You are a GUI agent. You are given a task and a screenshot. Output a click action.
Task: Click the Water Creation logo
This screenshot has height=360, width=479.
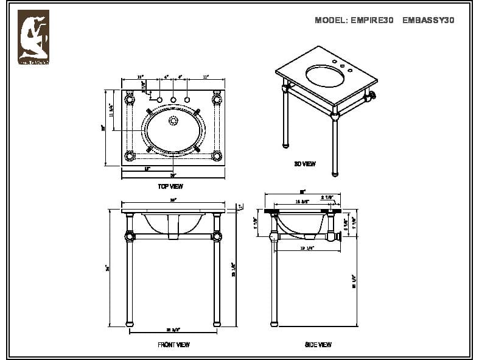(x=33, y=37)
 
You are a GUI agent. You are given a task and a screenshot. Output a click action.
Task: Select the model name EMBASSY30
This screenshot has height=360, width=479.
(x=428, y=20)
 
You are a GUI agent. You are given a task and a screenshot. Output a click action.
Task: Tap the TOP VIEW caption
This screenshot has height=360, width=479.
(x=170, y=186)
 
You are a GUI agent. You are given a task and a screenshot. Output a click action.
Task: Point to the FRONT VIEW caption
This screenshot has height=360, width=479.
(x=173, y=345)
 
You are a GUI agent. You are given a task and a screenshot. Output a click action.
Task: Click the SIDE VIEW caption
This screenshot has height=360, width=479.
(x=318, y=345)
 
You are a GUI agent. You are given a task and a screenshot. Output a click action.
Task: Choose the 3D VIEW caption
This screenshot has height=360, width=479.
(x=305, y=164)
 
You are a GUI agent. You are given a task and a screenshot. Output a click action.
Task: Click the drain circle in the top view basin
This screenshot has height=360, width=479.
(x=173, y=121)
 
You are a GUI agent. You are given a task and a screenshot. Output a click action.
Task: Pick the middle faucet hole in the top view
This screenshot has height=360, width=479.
(x=173, y=99)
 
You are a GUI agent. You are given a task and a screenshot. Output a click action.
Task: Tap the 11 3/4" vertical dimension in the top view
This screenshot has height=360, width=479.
(x=111, y=110)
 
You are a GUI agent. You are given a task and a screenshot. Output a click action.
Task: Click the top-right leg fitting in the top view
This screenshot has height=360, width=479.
(x=217, y=99)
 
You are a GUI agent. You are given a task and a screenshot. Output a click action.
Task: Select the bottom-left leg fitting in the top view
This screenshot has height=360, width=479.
(x=130, y=155)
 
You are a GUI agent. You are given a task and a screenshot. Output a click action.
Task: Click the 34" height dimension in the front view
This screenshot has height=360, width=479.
(x=107, y=267)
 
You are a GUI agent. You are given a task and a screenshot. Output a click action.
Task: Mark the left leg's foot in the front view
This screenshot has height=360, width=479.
(x=129, y=323)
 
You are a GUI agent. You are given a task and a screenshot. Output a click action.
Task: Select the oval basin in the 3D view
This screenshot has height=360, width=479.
(x=329, y=76)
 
